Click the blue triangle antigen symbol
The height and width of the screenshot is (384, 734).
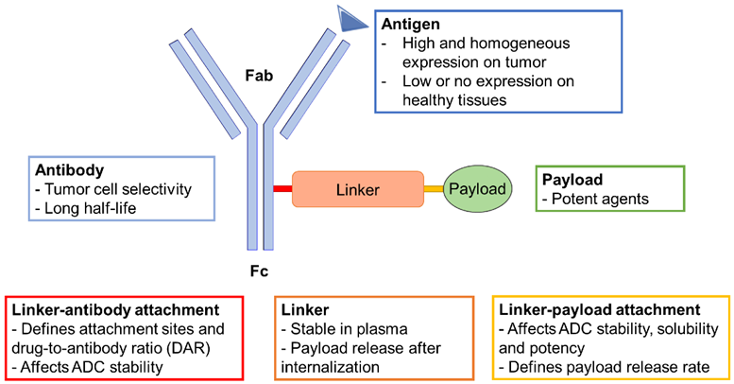pos(350,21)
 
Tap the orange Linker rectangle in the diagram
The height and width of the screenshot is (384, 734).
pos(358,189)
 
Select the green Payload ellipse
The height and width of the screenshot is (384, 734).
pos(477,188)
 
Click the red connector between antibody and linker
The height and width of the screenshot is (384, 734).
pos(282,189)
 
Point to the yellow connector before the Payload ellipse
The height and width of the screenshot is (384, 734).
pos(434,189)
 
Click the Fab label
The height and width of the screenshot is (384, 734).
pos(259,76)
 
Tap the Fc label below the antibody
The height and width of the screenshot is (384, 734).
pos(259,271)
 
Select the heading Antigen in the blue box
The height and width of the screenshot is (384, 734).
pos(411,24)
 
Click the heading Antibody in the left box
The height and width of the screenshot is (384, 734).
pos(70,169)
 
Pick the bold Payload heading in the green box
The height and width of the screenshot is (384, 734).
pos(572,180)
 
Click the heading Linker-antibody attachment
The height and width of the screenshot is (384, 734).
pos(115,310)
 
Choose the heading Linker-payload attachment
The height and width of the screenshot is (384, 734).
pos(600,310)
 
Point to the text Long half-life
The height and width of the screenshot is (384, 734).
pos(91,208)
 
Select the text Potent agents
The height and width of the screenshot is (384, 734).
pos(600,199)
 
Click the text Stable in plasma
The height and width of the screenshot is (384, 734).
pos(350,329)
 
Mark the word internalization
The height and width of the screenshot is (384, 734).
pos(330,367)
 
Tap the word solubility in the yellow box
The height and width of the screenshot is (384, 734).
pos(688,329)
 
